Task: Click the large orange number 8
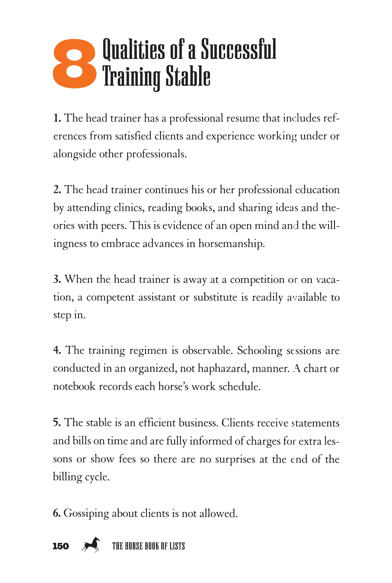[74, 63]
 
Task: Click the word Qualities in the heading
[133, 49]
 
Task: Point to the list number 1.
[57, 118]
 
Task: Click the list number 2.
[57, 190]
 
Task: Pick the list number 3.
[57, 279]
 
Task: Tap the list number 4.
[57, 351]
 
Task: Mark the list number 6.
[57, 513]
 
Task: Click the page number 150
[61, 546]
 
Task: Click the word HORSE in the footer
[133, 546]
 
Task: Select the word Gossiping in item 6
[86, 514]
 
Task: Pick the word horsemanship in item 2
[231, 244]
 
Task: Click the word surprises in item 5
[235, 459]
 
